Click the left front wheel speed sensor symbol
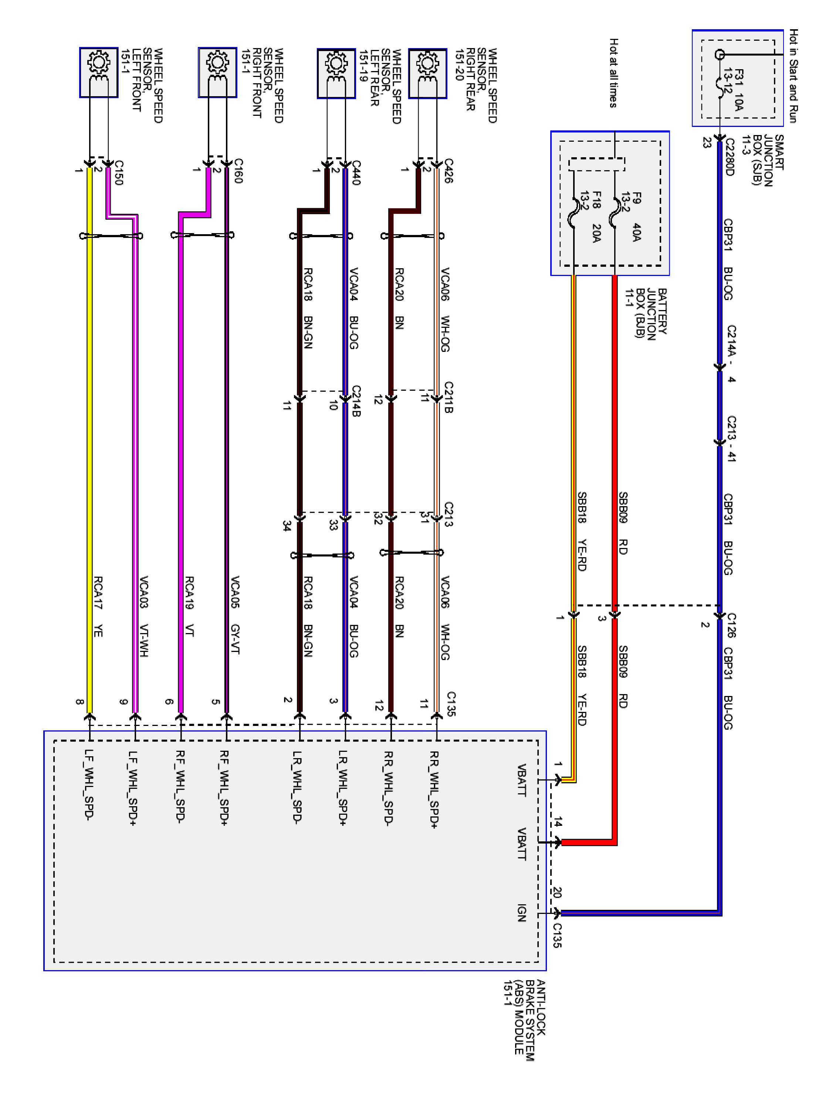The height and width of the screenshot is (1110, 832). click(x=98, y=72)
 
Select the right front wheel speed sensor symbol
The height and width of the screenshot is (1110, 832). click(x=217, y=72)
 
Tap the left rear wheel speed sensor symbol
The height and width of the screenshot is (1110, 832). click(x=336, y=73)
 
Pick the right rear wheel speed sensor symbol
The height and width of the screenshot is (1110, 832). click(x=427, y=73)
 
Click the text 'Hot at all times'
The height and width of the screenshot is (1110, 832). click(x=613, y=73)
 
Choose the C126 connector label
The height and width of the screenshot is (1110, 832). click(x=731, y=625)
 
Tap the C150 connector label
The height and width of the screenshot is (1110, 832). click(x=118, y=173)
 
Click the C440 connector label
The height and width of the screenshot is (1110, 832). click(x=356, y=173)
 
